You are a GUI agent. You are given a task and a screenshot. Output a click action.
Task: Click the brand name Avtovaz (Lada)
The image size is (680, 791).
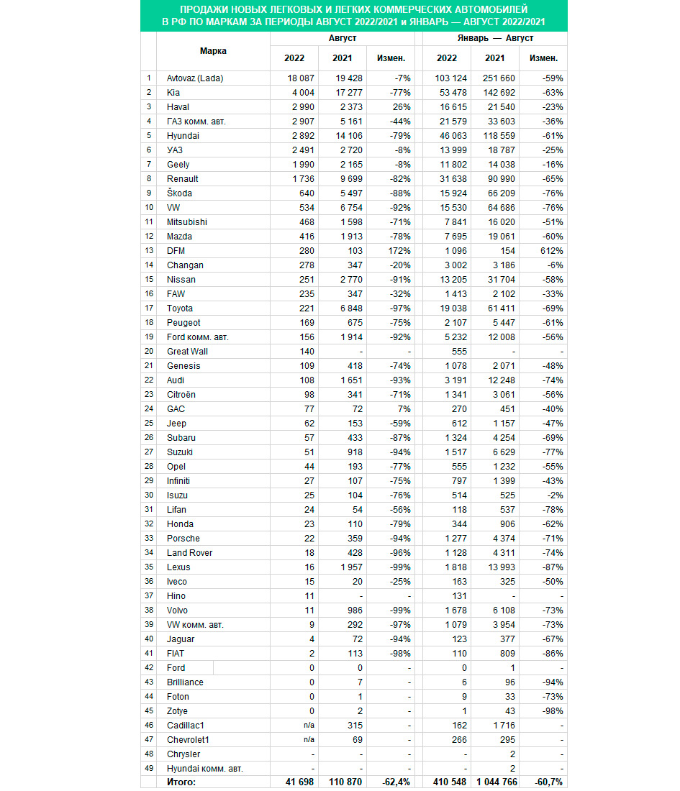point(195,78)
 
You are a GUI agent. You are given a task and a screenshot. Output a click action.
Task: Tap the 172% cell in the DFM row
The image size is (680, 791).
point(400,250)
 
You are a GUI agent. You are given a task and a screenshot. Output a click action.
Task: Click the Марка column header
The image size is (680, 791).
point(213,51)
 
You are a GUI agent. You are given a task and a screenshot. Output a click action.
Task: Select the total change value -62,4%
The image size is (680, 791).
point(397,782)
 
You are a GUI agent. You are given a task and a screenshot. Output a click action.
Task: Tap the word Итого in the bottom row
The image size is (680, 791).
point(181,782)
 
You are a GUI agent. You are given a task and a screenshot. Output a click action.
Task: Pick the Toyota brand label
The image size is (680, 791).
point(180,308)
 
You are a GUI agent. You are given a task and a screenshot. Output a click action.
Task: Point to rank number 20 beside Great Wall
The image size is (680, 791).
point(149,351)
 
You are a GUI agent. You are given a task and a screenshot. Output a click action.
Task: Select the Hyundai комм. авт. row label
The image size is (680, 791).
point(204,768)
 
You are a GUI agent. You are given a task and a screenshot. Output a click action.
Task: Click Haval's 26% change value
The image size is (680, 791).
point(402,106)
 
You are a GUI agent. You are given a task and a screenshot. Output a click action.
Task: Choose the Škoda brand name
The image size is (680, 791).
point(179,193)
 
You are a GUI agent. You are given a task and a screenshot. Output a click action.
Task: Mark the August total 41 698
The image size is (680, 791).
point(299,782)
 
